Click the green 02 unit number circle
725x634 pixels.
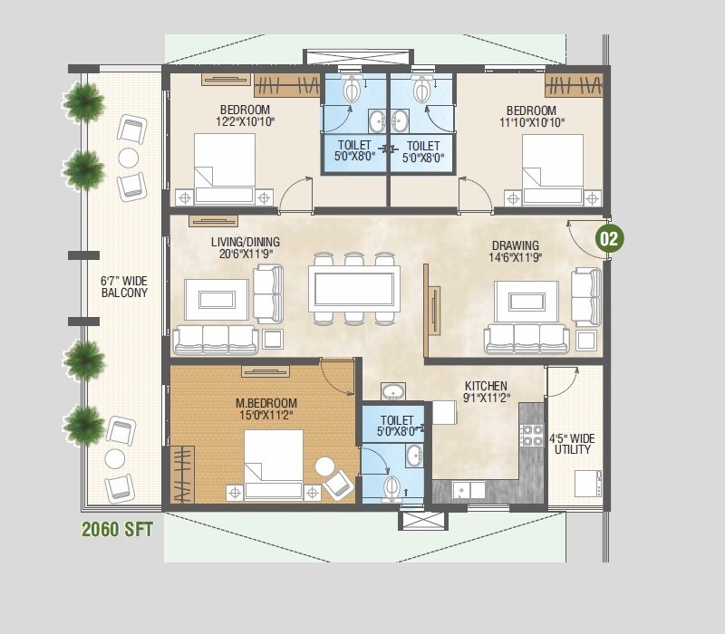[x=609, y=239]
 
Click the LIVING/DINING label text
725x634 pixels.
[x=245, y=243]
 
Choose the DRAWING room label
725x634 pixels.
[x=515, y=245]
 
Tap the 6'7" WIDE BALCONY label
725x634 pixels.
[x=124, y=287]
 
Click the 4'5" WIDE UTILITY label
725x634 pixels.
[x=572, y=444]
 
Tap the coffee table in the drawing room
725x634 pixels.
[x=526, y=299]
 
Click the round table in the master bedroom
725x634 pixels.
[x=324, y=466]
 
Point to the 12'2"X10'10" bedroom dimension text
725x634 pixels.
[x=245, y=120]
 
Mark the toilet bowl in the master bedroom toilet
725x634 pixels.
[x=393, y=487]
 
